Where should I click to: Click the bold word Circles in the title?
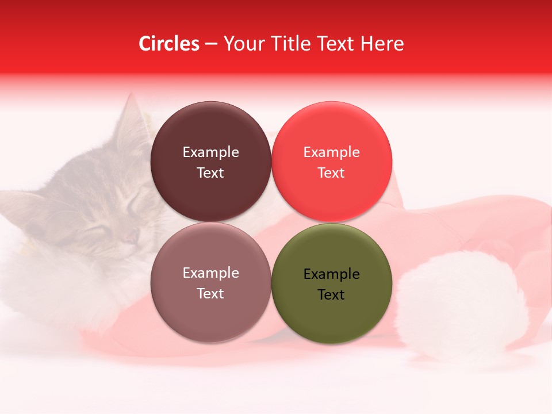pos(168,44)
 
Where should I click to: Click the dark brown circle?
pos(210,132)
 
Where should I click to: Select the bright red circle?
pos(331,132)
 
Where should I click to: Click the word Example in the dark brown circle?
pos(210,152)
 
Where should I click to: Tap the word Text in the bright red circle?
pos(331,172)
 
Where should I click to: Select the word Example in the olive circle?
pos(331,274)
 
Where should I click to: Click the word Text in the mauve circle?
pos(210,293)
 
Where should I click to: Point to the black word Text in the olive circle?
pos(331,294)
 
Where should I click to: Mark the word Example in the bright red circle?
pos(331,152)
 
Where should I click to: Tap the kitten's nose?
pos(131,235)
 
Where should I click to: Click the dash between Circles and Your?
pos(211,44)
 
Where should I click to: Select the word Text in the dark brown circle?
pos(210,172)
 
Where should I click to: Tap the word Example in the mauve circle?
pos(210,273)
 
